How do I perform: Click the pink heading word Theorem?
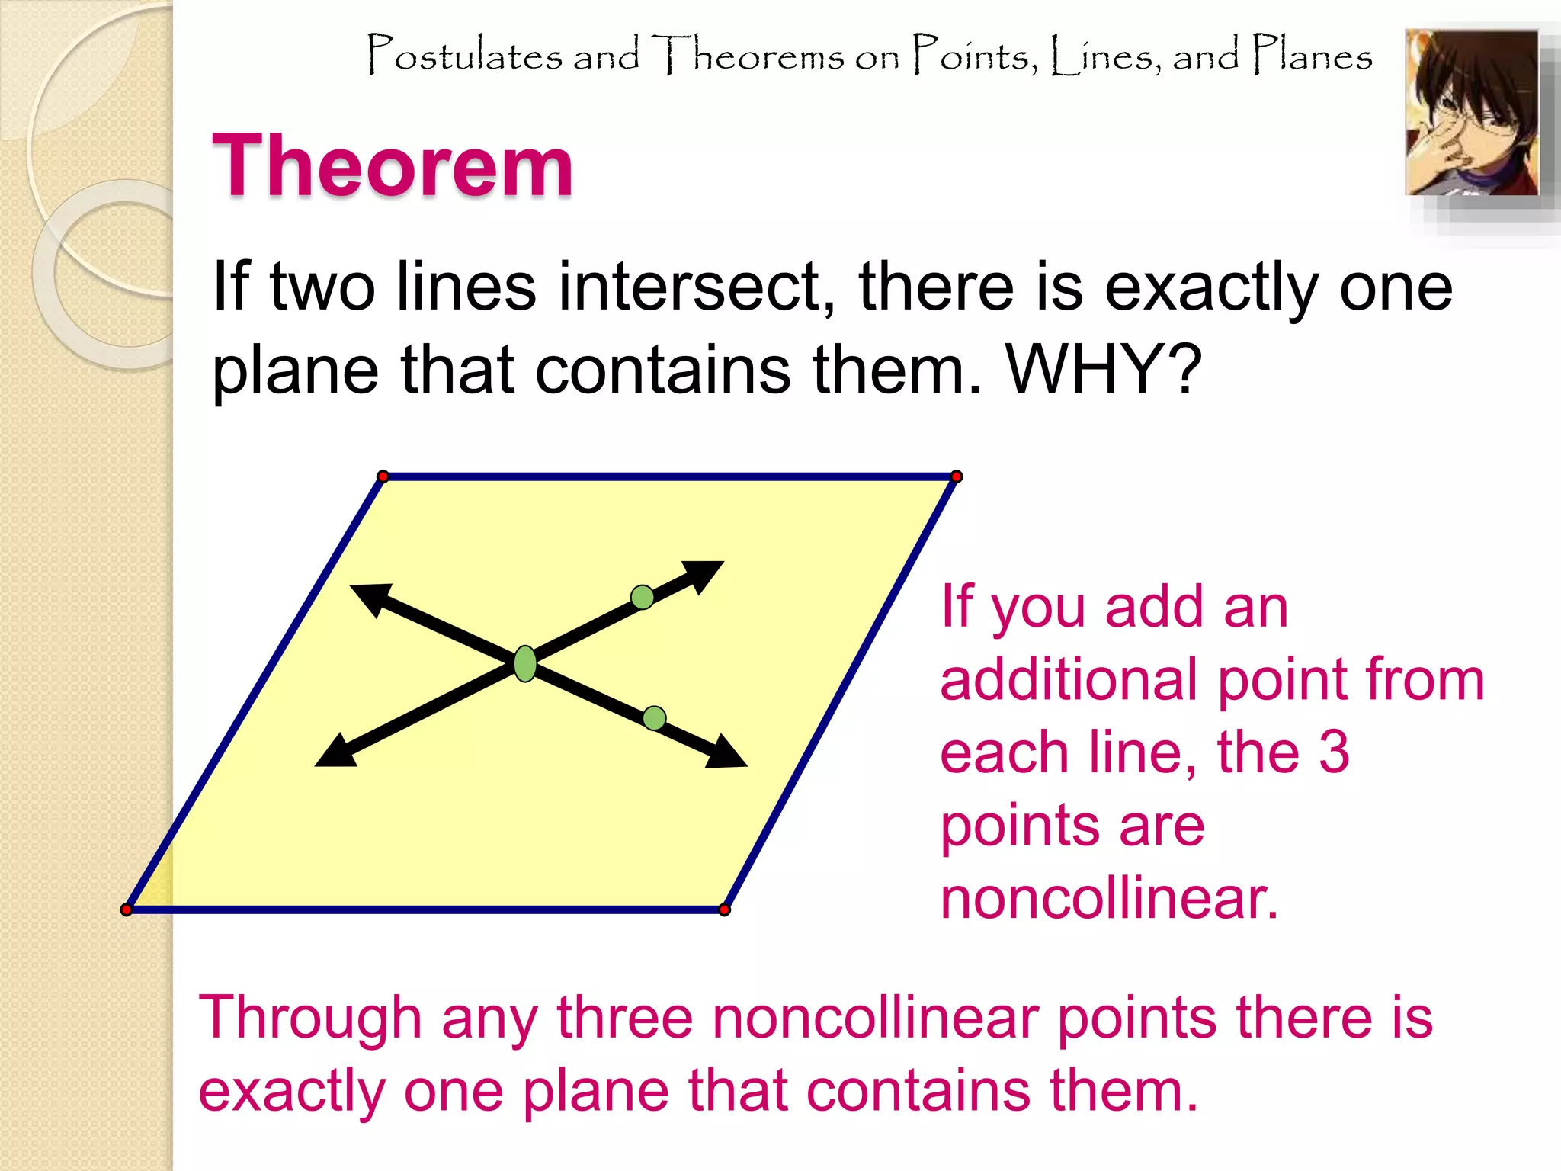pyautogui.click(x=393, y=165)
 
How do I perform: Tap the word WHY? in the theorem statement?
pyautogui.click(x=1104, y=370)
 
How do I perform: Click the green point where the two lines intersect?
pyautogui.click(x=525, y=663)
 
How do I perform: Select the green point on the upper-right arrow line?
pyautogui.click(x=643, y=597)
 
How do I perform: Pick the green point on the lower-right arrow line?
pyautogui.click(x=654, y=718)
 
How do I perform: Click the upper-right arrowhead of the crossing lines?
pyautogui.click(x=705, y=574)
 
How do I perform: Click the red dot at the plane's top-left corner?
pyautogui.click(x=383, y=476)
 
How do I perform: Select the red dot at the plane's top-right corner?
pyautogui.click(x=957, y=476)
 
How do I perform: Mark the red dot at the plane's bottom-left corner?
pyautogui.click(x=127, y=910)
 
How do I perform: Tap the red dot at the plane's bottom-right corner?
pyautogui.click(x=725, y=910)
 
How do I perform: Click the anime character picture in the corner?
pyautogui.click(x=1471, y=113)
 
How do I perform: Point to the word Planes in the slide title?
pyautogui.click(x=1313, y=55)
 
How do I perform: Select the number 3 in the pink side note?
pyautogui.click(x=1334, y=752)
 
